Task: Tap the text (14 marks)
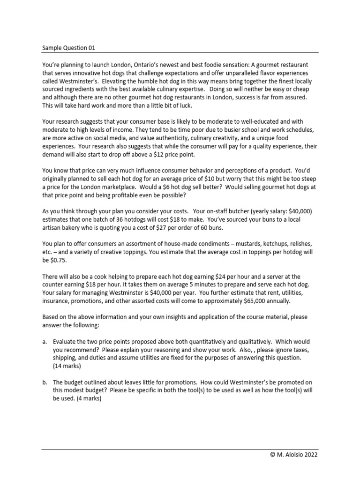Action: coord(67,366)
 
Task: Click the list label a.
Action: coord(45,342)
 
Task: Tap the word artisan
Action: coord(55,228)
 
